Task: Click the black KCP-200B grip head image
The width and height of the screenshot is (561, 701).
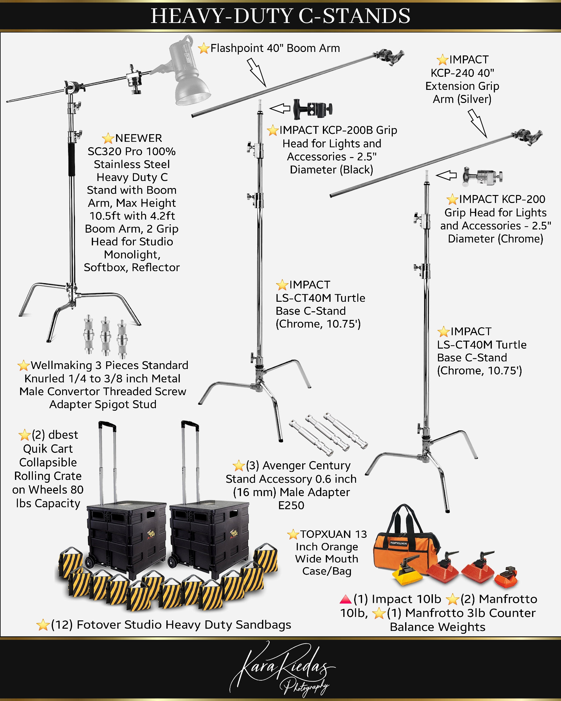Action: [312, 109]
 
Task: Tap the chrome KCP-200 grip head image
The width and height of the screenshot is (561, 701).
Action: [483, 177]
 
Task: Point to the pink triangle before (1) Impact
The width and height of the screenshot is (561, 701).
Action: [346, 599]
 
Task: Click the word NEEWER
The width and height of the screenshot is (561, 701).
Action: [138, 138]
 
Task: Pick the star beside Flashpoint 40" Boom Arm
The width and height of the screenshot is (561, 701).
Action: [204, 48]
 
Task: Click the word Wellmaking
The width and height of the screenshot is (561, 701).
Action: [61, 365]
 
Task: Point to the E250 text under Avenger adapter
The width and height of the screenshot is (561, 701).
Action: [291, 505]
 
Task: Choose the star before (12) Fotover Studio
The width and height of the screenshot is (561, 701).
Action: [43, 625]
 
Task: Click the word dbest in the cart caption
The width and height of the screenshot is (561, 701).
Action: [63, 435]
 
